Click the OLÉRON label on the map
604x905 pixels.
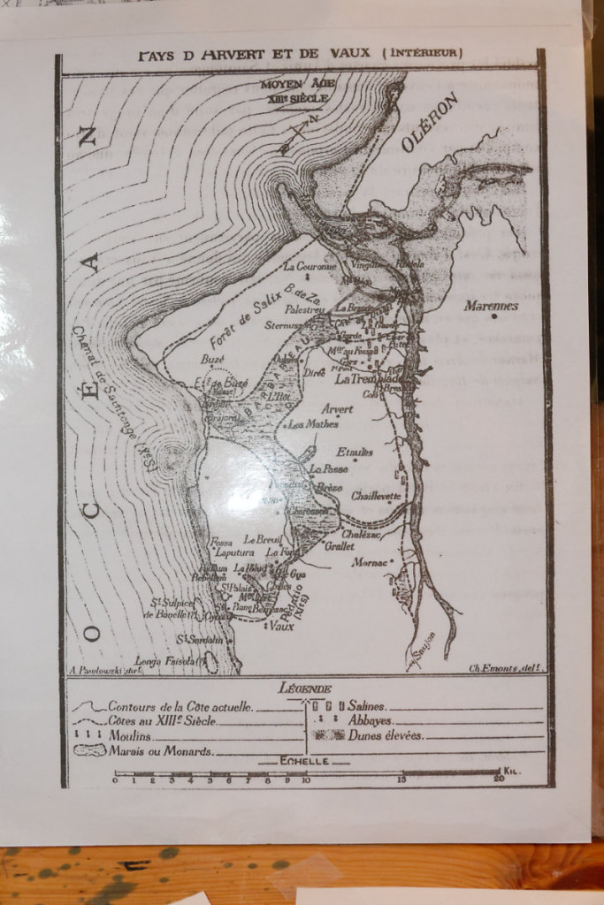pyautogui.click(x=430, y=122)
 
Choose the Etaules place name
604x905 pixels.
pyautogui.click(x=355, y=452)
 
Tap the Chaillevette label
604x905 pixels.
pyautogui.click(x=376, y=496)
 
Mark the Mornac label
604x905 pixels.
pyautogui.click(x=369, y=561)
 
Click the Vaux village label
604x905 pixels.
pyautogui.click(x=281, y=626)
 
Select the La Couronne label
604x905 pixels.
pyautogui.click(x=310, y=265)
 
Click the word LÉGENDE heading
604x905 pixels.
pyautogui.click(x=305, y=688)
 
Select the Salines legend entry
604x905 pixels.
pyautogui.click(x=366, y=706)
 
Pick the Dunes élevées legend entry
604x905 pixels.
pyautogui.click(x=385, y=734)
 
